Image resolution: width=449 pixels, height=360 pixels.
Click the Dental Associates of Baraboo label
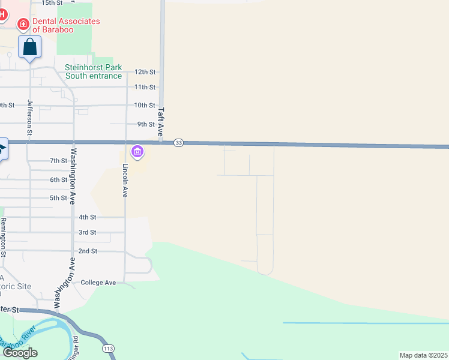pyautogui.click(x=66, y=25)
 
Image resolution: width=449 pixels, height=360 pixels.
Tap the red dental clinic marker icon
pyautogui.click(x=23, y=24)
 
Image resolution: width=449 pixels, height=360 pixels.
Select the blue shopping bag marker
pyautogui.click(x=30, y=47)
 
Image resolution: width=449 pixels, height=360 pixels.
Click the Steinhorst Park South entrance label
pyautogui.click(x=93, y=71)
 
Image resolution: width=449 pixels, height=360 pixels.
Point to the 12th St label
pyautogui.click(x=145, y=72)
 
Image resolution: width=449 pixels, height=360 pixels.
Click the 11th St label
pyautogui.click(x=145, y=87)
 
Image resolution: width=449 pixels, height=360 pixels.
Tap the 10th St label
pyautogui.click(x=145, y=105)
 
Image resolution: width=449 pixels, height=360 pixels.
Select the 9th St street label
pyautogui.click(x=146, y=124)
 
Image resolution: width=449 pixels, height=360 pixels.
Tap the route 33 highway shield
pyautogui.click(x=178, y=143)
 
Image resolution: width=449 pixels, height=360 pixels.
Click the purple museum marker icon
pyautogui.click(x=137, y=152)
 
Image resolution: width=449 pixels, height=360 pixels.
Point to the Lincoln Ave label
pyautogui.click(x=125, y=181)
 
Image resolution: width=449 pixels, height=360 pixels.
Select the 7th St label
pyautogui.click(x=59, y=161)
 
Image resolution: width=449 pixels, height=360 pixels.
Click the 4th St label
pyautogui.click(x=87, y=217)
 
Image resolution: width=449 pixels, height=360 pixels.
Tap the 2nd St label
pyautogui.click(x=88, y=251)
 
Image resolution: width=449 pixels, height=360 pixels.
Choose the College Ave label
pyautogui.click(x=98, y=282)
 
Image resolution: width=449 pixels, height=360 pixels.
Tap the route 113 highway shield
pyautogui.click(x=109, y=348)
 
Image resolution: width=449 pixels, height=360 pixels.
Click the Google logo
pyautogui.click(x=20, y=353)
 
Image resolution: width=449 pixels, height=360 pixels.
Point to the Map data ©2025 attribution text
pyautogui.click(x=423, y=355)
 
